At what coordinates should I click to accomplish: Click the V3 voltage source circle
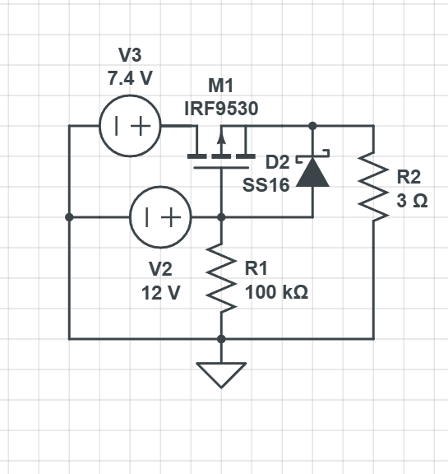click(x=130, y=95)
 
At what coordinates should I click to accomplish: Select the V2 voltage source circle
click(x=160, y=187)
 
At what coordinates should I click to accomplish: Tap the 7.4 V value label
click(x=130, y=78)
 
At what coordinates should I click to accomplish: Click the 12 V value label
click(x=160, y=293)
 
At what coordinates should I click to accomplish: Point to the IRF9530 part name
click(x=221, y=109)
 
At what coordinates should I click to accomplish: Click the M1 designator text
click(x=221, y=86)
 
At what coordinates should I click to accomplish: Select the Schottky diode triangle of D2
click(x=312, y=172)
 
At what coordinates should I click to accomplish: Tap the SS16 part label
click(x=266, y=185)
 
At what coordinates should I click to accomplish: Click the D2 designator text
click(x=278, y=162)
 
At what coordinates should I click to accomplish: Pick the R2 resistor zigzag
click(x=373, y=187)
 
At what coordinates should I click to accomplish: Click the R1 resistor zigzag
click(x=221, y=278)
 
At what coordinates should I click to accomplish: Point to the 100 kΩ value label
click(x=276, y=292)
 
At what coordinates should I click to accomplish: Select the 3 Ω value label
click(x=412, y=201)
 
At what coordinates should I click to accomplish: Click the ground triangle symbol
click(x=221, y=375)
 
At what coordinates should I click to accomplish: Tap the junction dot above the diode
click(x=312, y=126)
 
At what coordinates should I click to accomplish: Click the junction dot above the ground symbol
click(x=221, y=339)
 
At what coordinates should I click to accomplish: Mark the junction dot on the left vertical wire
click(x=69, y=217)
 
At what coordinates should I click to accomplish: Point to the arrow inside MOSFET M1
click(x=222, y=143)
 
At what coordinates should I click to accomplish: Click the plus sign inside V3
click(x=141, y=126)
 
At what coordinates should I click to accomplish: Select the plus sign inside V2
click(x=171, y=217)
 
